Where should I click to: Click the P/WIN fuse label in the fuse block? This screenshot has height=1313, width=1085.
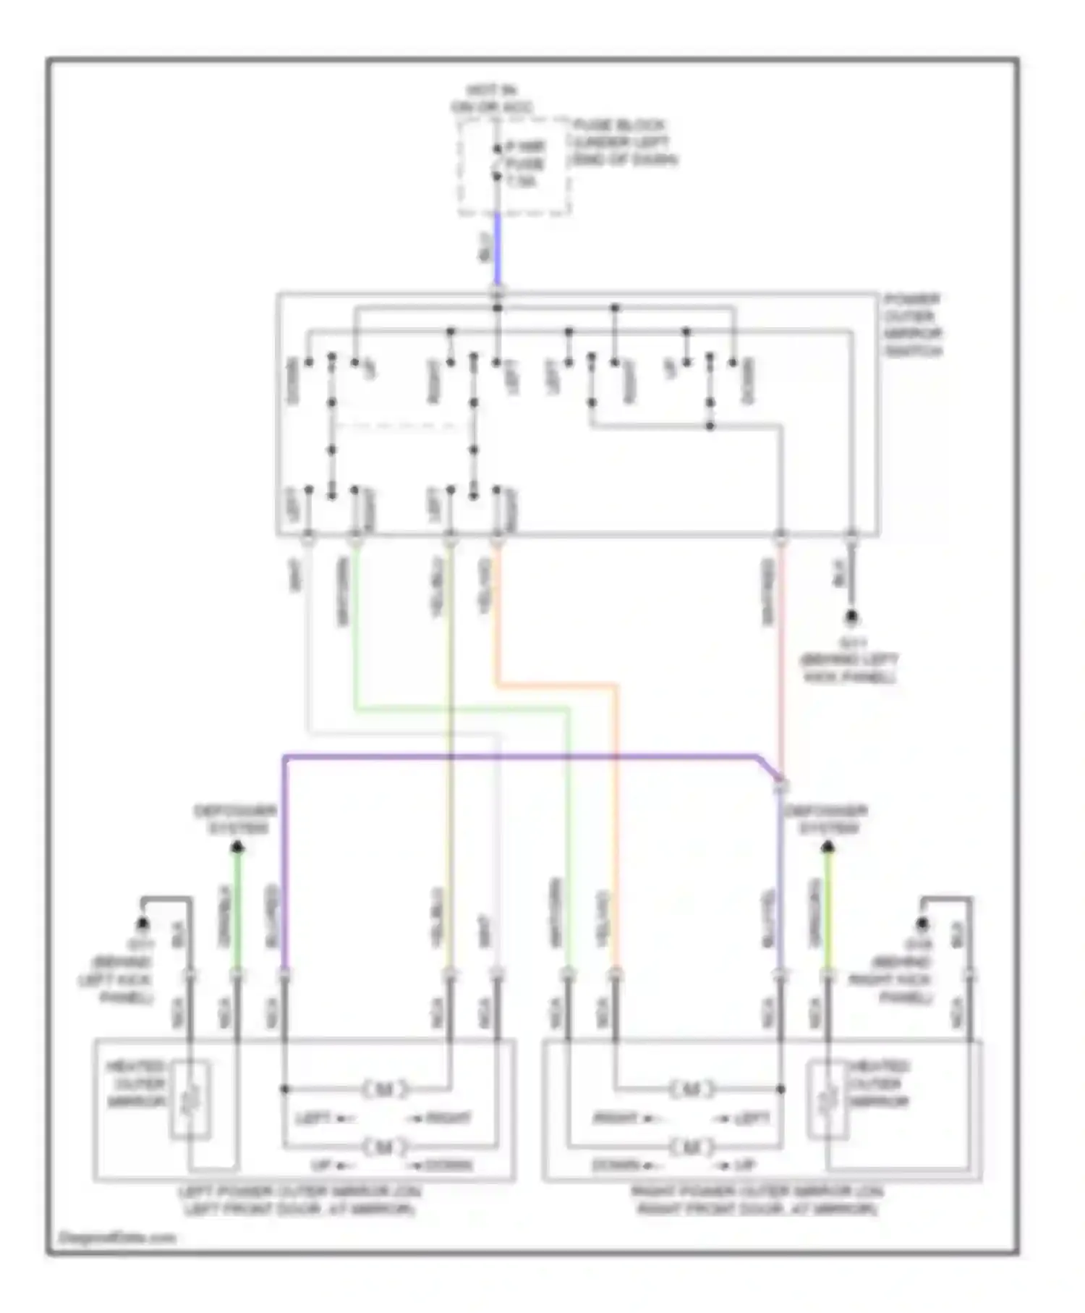coord(526,164)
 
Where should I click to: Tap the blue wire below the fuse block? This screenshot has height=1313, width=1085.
coord(497,250)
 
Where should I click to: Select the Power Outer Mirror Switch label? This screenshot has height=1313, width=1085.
coord(913,325)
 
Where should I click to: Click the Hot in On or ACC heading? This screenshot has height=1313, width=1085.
coord(491,99)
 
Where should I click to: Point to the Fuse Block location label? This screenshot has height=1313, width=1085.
coord(624,143)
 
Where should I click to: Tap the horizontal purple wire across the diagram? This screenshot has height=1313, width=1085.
coord(521,757)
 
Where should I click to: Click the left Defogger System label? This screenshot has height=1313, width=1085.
coord(235,819)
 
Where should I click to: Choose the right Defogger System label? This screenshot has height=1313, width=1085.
coord(827,819)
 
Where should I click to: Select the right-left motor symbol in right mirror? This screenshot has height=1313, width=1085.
coord(692,1088)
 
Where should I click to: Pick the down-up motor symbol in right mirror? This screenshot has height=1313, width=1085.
coord(692,1146)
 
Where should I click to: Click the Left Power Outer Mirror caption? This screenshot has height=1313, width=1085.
coord(301,1200)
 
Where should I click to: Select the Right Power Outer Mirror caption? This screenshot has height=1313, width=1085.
coord(757,1200)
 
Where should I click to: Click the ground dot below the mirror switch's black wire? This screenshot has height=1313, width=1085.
coord(852,617)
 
